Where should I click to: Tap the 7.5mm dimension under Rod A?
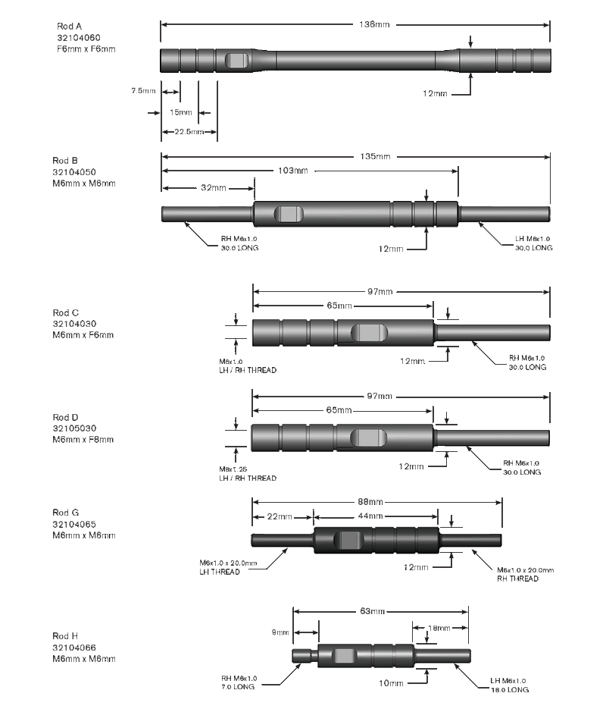[142, 90]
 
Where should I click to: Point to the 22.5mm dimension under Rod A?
[189, 131]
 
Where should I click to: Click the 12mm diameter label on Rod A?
[435, 93]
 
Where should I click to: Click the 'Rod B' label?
[65, 161]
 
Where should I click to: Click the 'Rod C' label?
[65, 312]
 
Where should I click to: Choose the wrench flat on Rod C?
[368, 332]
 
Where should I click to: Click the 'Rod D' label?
[65, 417]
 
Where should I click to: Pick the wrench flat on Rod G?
[349, 541]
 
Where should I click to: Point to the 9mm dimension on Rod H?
[280, 632]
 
